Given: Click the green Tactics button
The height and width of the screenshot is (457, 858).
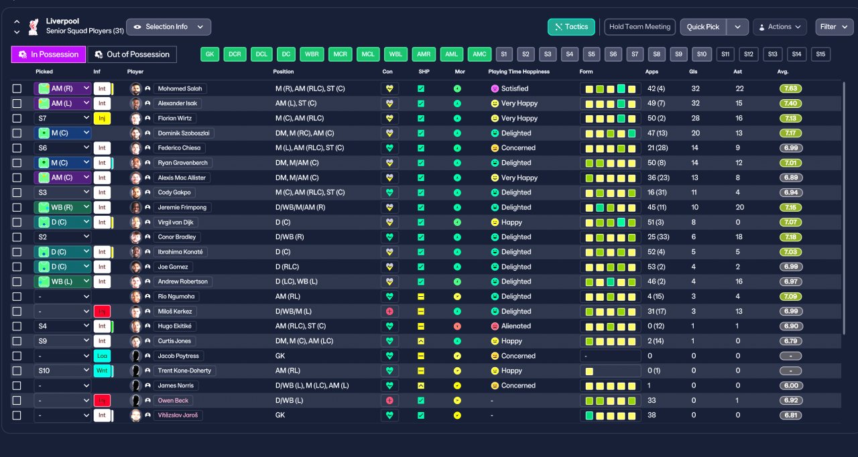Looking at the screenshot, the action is coord(571,27).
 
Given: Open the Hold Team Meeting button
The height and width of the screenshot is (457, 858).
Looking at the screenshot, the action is coord(639,27).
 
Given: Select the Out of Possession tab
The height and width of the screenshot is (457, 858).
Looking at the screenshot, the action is coord(132,54).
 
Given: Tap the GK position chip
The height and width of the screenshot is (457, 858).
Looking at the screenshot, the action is coord(210,54).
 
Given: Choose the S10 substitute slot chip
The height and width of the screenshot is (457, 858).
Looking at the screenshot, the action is coord(701,54).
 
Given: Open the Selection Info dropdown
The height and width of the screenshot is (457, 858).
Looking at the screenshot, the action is coord(168,27).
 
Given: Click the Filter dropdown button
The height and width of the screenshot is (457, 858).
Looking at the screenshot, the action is coord(834,27).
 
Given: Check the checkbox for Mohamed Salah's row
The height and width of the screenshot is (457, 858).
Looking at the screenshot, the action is coord(17,89).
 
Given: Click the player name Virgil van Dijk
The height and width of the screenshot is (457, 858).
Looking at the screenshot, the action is coord(176,222).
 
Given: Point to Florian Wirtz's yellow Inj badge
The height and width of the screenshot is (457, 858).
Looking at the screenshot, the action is coord(102,118).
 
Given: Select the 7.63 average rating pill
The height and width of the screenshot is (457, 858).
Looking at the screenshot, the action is coord(790,89).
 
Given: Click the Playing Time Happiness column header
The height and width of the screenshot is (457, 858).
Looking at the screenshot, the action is coord(519,72).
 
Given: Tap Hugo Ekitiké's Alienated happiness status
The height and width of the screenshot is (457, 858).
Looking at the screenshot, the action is coord(515,326).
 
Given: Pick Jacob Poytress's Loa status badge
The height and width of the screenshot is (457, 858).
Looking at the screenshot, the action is coord(102,356).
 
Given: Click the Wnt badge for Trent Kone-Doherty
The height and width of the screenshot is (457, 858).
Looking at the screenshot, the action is coord(102,371).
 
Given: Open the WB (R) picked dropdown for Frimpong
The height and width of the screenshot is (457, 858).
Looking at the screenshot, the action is coord(63,208).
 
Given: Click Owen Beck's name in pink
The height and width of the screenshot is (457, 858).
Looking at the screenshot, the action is coord(173,401).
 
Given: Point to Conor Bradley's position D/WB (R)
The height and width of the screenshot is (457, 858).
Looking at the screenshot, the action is coord(290,237).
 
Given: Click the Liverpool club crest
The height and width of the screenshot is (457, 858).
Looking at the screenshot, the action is coord(34,27).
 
